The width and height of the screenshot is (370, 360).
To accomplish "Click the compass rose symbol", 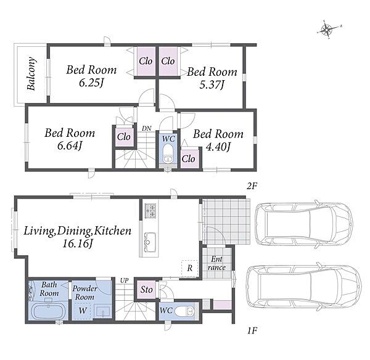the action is click(x=327, y=30).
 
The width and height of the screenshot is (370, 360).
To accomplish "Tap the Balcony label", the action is click(x=31, y=73).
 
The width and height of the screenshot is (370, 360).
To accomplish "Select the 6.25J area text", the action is click(x=91, y=83).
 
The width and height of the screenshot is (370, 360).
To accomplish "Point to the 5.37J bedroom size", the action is click(x=212, y=84).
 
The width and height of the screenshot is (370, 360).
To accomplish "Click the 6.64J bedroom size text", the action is click(x=70, y=146).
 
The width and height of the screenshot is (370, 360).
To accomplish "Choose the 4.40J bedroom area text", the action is click(x=218, y=147).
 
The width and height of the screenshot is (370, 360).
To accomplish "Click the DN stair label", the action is click(x=147, y=129).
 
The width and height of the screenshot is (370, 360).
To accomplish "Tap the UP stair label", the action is click(x=125, y=280).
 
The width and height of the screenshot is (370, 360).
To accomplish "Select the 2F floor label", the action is click(x=252, y=186).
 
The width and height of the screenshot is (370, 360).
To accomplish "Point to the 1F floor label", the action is click(x=252, y=331).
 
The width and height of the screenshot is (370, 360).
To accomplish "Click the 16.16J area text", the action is click(x=77, y=243).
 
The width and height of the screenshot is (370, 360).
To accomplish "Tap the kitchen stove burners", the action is click(x=150, y=211).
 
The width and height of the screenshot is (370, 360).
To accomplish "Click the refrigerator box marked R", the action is click(x=189, y=268).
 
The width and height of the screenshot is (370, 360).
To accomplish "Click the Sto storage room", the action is click(x=146, y=290).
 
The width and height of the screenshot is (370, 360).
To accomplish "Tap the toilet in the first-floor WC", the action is click(x=184, y=311).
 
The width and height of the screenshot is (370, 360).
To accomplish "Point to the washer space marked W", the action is click(x=81, y=309).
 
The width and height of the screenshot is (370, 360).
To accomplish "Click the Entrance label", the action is click(x=216, y=263).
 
